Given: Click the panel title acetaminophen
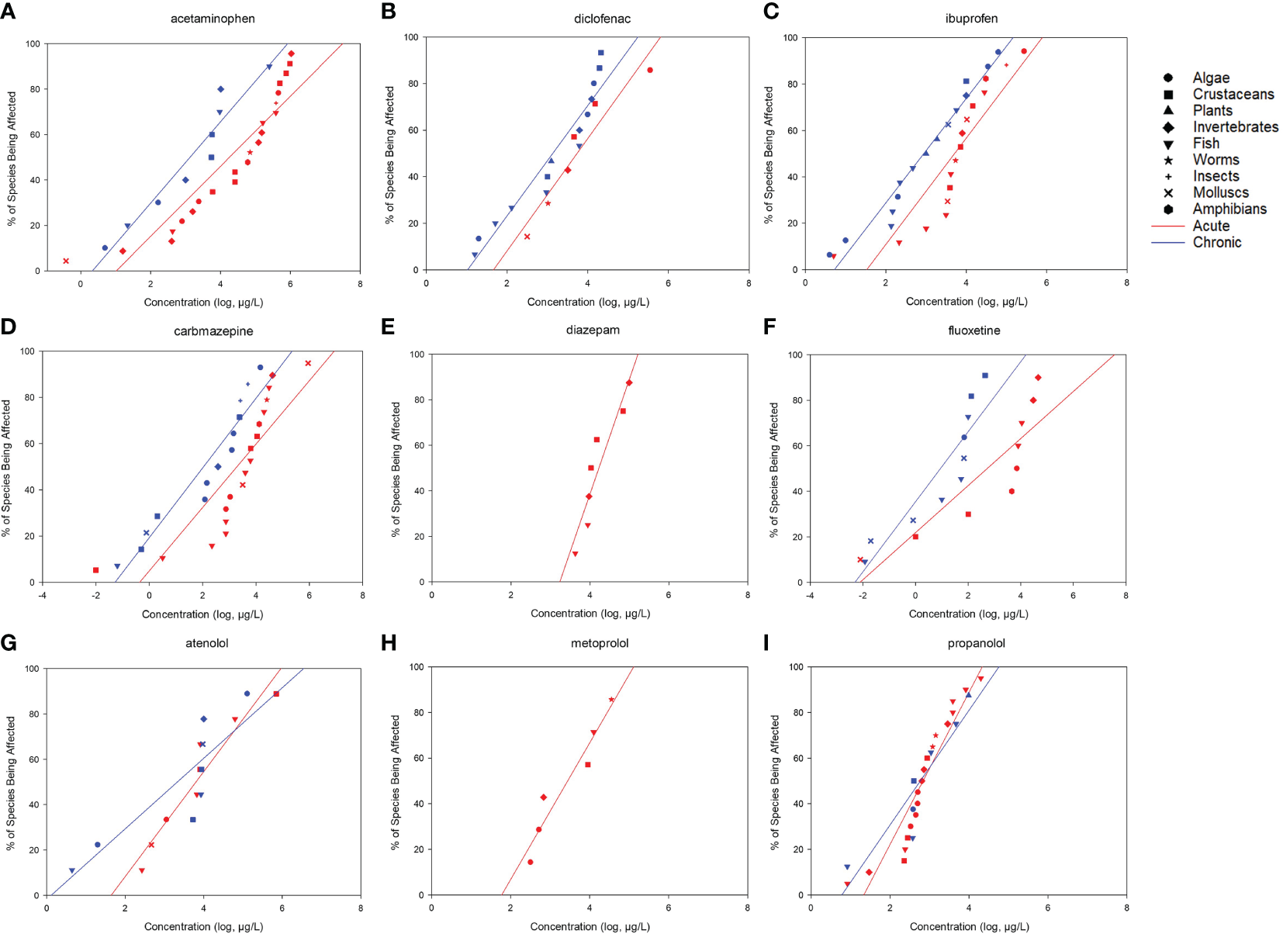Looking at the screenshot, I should click(213, 19).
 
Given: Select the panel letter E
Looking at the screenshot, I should click(388, 327).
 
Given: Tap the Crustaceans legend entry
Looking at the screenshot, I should click(1233, 94).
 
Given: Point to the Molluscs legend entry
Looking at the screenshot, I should click(1220, 192).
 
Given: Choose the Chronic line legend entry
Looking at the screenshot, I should click(1216, 242).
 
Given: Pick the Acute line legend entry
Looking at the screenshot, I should click(1211, 226).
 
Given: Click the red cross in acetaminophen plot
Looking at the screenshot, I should click(66, 261).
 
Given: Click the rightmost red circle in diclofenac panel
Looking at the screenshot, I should click(650, 70).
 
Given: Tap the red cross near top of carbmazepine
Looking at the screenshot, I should click(308, 363).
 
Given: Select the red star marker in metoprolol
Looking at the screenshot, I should click(611, 700).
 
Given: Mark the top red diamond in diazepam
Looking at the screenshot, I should click(629, 382).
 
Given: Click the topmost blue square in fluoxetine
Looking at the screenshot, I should click(985, 375).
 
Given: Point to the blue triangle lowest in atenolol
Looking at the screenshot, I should click(72, 870).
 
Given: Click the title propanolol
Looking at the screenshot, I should click(976, 643).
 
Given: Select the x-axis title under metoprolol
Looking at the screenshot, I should click(590, 926).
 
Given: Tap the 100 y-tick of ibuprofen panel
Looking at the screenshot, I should click(790, 37).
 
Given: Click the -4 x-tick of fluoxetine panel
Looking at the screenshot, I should click(810, 596).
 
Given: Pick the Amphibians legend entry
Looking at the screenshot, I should click(1229, 209).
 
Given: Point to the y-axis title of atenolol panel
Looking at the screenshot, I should click(11, 782).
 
